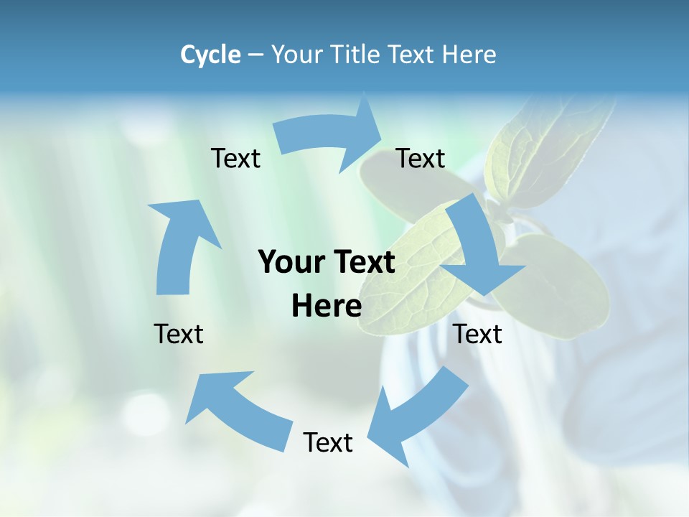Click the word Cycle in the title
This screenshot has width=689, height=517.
tap(210, 55)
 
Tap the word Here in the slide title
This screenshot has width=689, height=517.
tap(469, 55)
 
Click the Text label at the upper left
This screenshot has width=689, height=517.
tap(235, 158)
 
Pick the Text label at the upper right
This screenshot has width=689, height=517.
tap(421, 158)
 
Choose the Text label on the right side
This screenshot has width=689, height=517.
tap(478, 334)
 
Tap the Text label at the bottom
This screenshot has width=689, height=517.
tap(328, 442)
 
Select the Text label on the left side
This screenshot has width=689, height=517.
tap(179, 334)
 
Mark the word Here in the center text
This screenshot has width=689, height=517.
tap(327, 306)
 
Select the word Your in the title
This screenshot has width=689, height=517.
tap(297, 55)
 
